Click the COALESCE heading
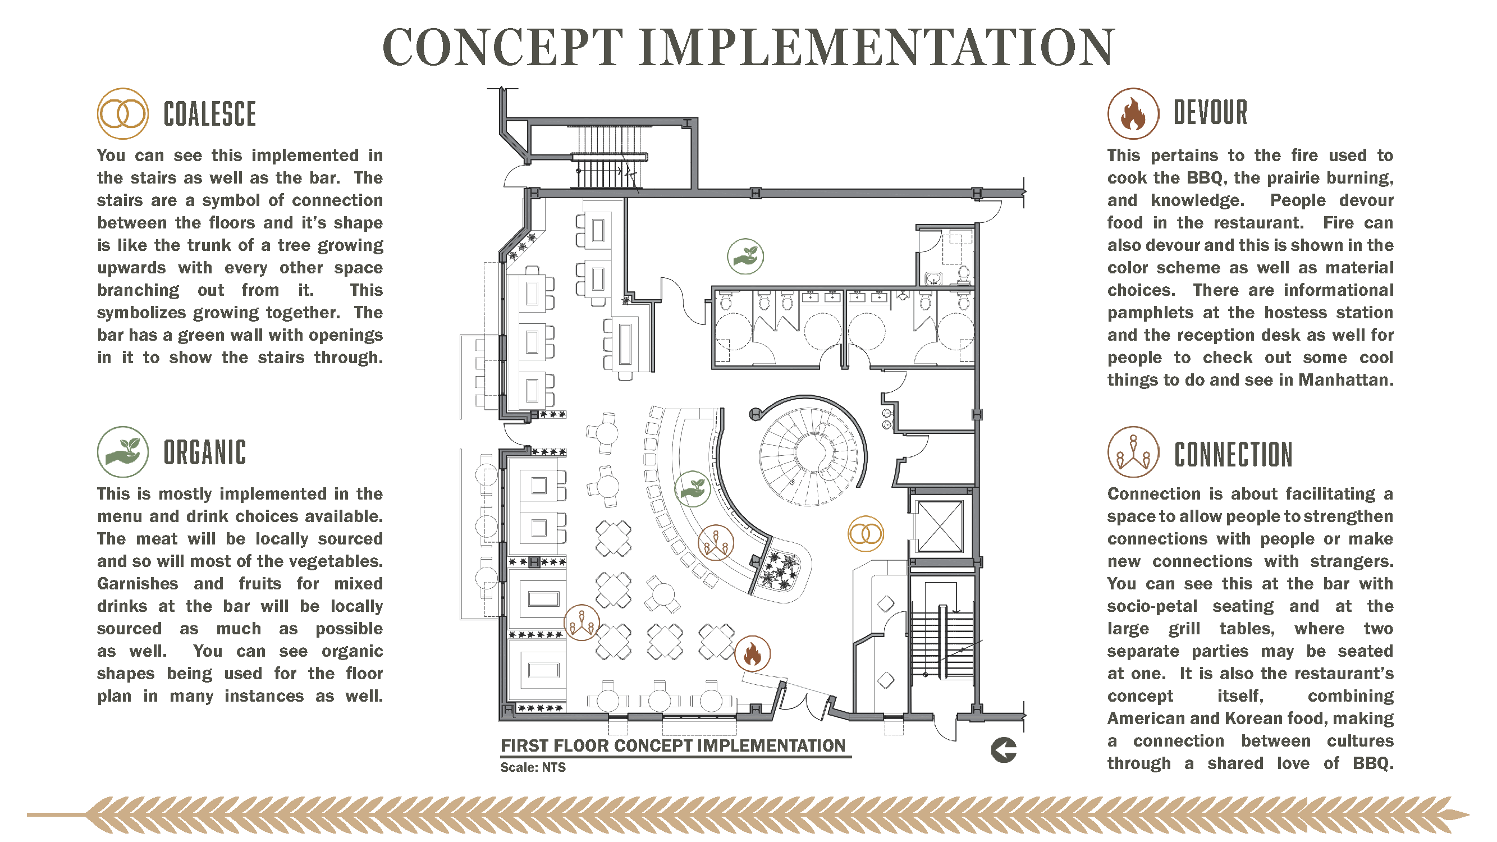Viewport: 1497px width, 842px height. click(x=209, y=114)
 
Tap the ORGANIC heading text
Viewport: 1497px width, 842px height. click(x=204, y=452)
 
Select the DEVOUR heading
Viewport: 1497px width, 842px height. click(x=1210, y=113)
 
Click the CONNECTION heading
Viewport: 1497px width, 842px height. click(x=1233, y=455)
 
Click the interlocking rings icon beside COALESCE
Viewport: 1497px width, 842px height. click(x=122, y=114)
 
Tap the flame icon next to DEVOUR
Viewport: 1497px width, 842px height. click(x=1133, y=114)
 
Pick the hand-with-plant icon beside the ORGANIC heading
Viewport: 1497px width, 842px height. click(x=122, y=452)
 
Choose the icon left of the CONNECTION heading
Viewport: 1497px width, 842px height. click(x=1133, y=452)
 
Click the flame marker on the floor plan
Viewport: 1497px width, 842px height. click(x=753, y=654)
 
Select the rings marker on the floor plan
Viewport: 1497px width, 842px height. click(x=866, y=534)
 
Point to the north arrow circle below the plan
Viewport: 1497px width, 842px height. click(x=1004, y=750)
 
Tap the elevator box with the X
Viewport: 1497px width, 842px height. click(x=940, y=526)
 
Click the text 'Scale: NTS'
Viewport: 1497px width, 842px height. click(x=533, y=767)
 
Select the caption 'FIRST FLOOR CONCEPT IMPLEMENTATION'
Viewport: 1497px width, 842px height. click(x=673, y=746)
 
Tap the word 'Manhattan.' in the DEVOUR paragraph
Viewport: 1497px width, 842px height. click(x=1346, y=380)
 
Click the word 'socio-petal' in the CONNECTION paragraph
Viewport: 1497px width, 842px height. click(x=1152, y=607)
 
